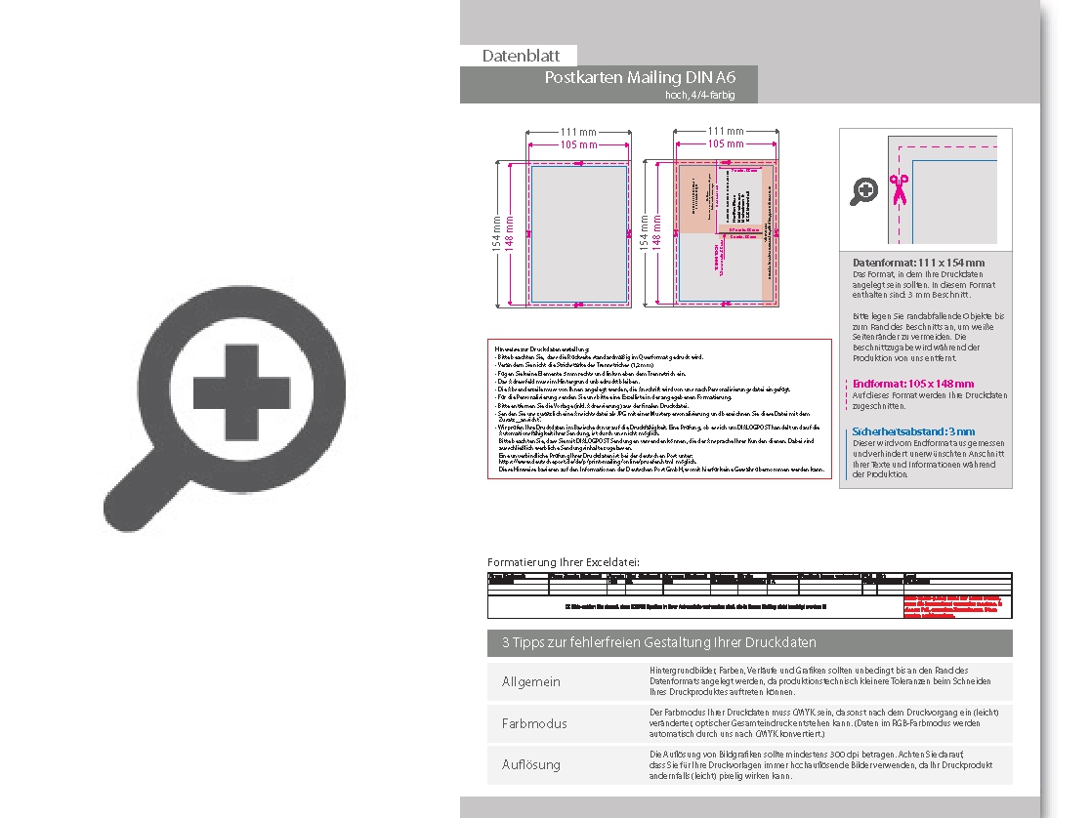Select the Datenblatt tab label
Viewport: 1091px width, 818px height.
tap(520, 56)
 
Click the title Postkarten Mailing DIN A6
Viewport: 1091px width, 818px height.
tap(640, 78)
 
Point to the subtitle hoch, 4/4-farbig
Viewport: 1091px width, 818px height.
tap(698, 95)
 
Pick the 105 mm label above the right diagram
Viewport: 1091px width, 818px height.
tap(726, 143)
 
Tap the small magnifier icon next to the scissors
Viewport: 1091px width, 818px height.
tap(863, 191)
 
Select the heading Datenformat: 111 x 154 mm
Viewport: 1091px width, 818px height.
tap(918, 263)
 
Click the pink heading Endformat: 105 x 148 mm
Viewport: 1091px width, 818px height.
tap(913, 384)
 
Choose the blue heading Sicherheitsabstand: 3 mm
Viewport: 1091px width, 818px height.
tap(913, 431)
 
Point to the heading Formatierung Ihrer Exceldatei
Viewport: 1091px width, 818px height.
tap(564, 562)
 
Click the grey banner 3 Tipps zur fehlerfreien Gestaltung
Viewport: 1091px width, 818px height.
tap(749, 642)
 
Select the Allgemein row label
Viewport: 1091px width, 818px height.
tap(531, 681)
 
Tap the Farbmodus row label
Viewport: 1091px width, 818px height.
tap(534, 723)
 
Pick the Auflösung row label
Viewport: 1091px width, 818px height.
tap(531, 764)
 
